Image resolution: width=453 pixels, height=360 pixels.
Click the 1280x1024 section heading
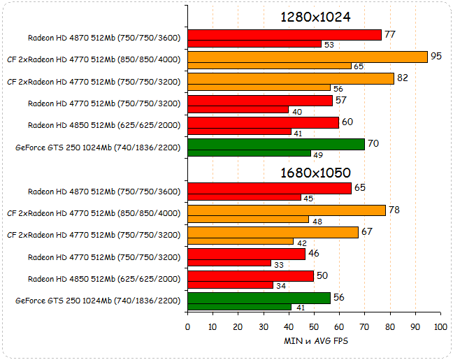tap(315, 17)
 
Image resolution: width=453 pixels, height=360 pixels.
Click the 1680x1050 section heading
tap(315, 173)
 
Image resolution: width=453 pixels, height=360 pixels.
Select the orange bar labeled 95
tap(308, 57)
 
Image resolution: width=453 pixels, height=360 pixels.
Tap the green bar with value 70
tap(276, 144)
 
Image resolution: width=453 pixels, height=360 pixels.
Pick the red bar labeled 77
tap(285, 35)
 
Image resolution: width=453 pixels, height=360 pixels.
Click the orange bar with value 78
tap(287, 210)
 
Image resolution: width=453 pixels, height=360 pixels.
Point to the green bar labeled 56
tap(259, 298)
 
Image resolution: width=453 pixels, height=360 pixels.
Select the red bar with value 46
tap(246, 254)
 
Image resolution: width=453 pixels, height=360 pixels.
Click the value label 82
tap(403, 78)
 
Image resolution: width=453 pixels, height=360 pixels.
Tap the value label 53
tap(329, 44)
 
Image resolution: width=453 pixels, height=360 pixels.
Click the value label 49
tap(318, 154)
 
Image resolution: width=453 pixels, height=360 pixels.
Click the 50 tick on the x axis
tap(314, 326)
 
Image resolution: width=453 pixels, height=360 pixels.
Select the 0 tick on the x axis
tap(187, 326)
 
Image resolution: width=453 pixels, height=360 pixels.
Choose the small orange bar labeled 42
tap(240, 241)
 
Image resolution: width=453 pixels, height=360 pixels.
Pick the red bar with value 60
tap(264, 122)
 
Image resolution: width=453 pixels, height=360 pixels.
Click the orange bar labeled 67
tap(273, 232)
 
